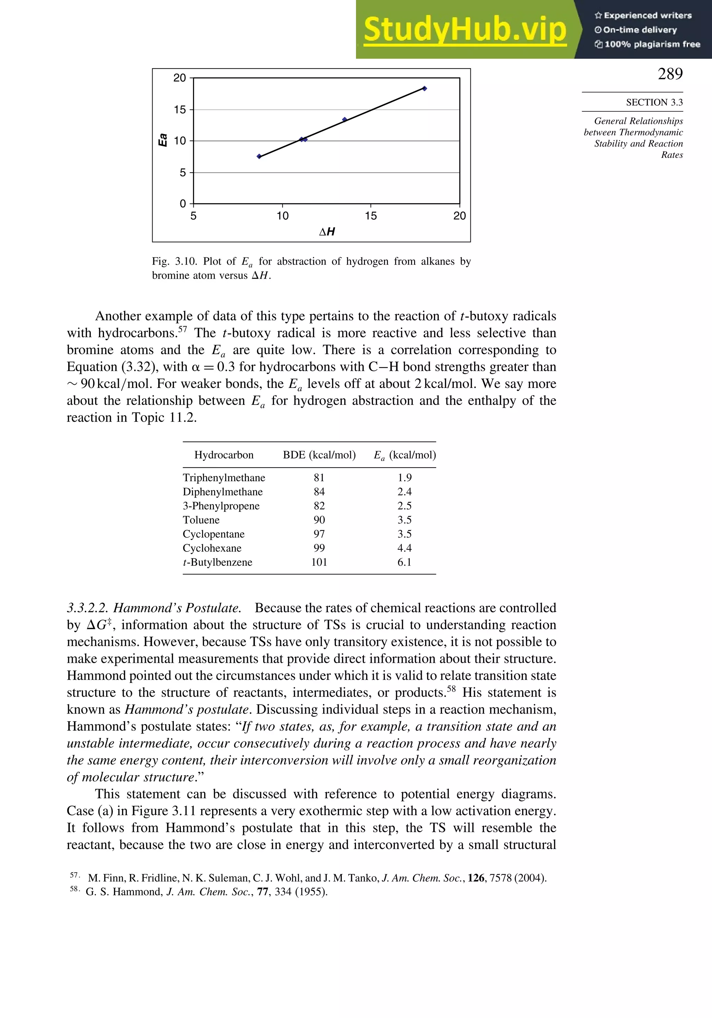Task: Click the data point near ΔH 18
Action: click(x=424, y=89)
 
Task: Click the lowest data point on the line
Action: click(x=259, y=156)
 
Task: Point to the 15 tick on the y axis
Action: click(x=180, y=110)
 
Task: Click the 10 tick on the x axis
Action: click(x=282, y=216)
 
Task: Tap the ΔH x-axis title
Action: click(x=327, y=231)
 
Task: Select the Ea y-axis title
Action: click(x=163, y=140)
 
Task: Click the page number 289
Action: click(x=670, y=74)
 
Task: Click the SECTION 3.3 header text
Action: click(x=654, y=102)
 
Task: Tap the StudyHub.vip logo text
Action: click(x=465, y=30)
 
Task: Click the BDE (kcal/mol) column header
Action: click(x=319, y=455)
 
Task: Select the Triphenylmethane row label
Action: click(x=224, y=478)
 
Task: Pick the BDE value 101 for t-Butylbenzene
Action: click(x=319, y=562)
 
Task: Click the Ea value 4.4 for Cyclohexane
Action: click(x=404, y=548)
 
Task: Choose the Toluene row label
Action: click(x=201, y=520)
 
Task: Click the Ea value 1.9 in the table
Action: click(x=404, y=478)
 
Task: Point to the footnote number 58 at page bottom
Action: click(x=74, y=889)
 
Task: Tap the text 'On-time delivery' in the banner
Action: click(x=640, y=30)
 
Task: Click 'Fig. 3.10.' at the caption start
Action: click(x=174, y=261)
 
